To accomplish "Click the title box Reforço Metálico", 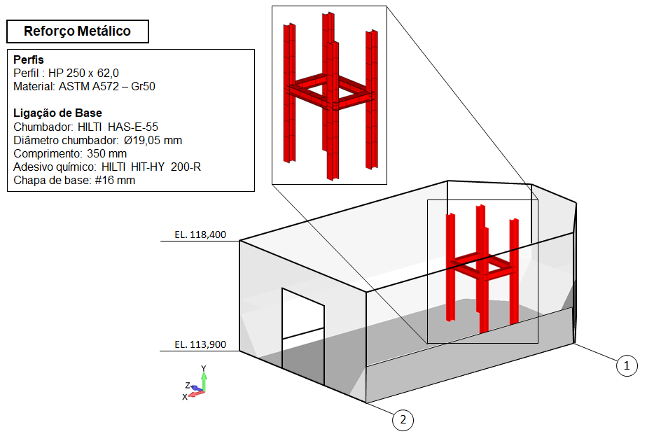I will (77, 31).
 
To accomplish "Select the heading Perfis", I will (29, 60).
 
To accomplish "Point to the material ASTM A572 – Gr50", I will (104, 87).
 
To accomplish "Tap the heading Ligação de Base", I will (57, 113).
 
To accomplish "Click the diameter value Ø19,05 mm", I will (153, 140).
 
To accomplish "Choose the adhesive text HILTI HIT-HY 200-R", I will (151, 167).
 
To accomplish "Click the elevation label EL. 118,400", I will (200, 235).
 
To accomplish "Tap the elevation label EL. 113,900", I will (200, 344).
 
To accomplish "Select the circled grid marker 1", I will (627, 365).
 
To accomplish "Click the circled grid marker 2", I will (402, 420).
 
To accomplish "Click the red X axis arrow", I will (195, 393).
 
